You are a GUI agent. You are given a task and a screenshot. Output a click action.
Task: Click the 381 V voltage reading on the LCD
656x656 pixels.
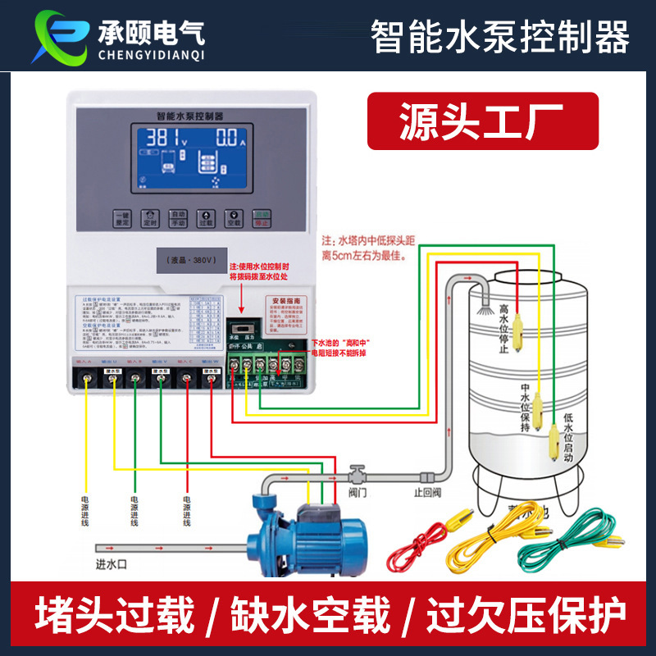[164, 137]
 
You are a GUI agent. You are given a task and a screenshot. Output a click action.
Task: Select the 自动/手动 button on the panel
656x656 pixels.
[178, 218]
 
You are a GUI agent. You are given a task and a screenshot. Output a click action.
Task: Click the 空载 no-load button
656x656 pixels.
[233, 218]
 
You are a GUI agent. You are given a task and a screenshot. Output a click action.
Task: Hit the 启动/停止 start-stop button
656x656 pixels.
[261, 218]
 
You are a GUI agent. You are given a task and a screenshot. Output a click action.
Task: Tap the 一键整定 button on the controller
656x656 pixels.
[121, 218]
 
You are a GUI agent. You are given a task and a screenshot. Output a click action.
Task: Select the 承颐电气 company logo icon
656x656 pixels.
[57, 36]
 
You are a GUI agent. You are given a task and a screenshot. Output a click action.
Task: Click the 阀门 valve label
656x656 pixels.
[357, 493]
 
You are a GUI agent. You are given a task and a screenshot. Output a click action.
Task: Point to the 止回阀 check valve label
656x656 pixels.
[427, 494]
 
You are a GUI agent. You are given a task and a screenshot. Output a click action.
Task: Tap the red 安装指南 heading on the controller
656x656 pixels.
[289, 301]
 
